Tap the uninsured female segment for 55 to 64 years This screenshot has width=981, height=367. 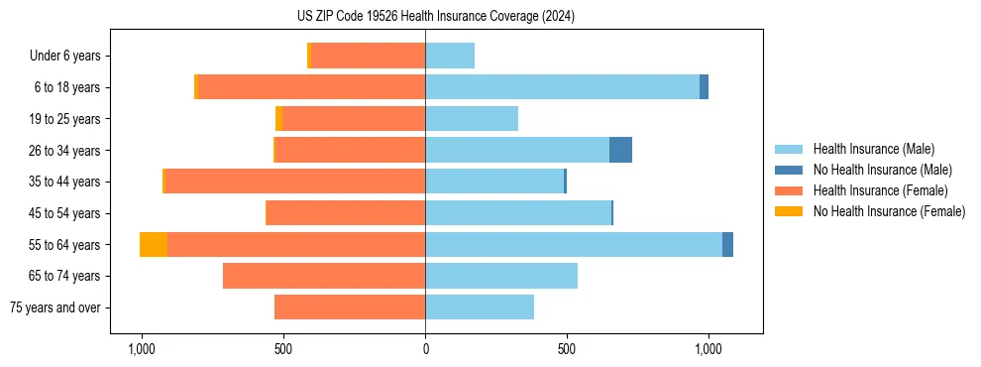[x=154, y=244]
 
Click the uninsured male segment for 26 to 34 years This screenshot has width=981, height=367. [x=620, y=150]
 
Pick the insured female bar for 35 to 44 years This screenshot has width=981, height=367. [x=295, y=182]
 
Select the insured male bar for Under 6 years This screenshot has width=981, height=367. [x=450, y=56]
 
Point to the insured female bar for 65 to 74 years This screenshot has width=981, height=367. [x=324, y=276]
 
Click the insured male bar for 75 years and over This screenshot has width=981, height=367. [x=480, y=307]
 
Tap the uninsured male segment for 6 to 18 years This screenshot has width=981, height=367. [x=704, y=87]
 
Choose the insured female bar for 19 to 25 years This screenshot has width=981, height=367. [x=354, y=119]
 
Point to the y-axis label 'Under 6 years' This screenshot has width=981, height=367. [x=65, y=56]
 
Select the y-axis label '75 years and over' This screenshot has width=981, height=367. [x=55, y=307]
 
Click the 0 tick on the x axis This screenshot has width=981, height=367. [x=425, y=349]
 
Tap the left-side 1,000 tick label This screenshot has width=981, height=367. [x=142, y=349]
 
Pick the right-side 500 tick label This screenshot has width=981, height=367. [x=567, y=349]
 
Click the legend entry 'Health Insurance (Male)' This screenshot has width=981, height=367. [x=873, y=149]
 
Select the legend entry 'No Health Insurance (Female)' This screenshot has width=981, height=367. [x=889, y=211]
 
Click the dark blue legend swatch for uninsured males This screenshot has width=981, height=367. [x=789, y=170]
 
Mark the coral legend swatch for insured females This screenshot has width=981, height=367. [x=789, y=190]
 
